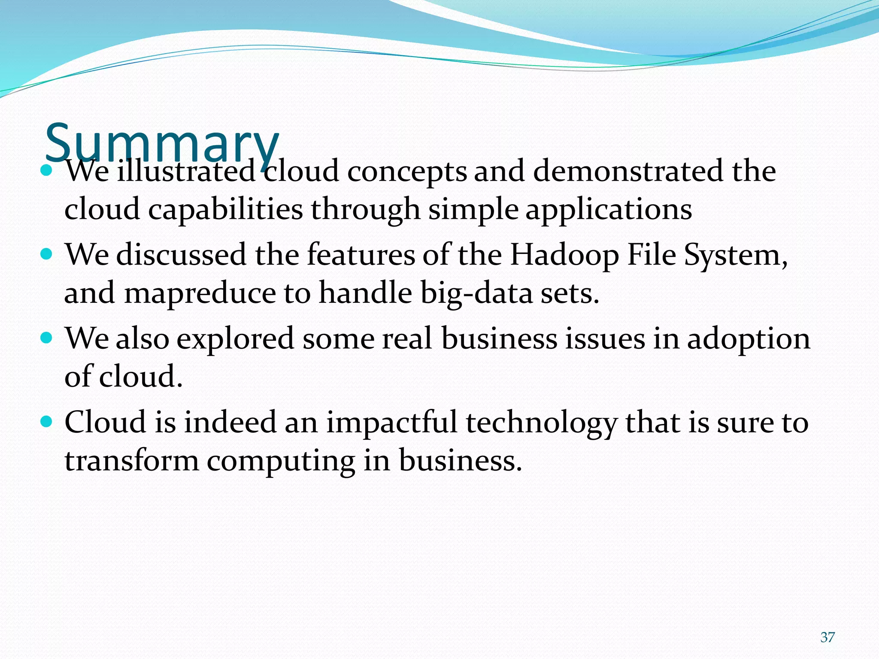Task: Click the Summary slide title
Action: click(162, 142)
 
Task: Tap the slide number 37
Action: click(827, 637)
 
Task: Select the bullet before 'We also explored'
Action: click(46, 338)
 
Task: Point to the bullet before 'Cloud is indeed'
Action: click(46, 421)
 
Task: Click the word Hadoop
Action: click(564, 255)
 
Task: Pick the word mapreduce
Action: click(200, 293)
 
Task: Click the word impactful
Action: click(392, 422)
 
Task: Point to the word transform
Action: click(131, 460)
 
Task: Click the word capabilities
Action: click(226, 210)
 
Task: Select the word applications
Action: click(609, 210)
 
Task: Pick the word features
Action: click(361, 255)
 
